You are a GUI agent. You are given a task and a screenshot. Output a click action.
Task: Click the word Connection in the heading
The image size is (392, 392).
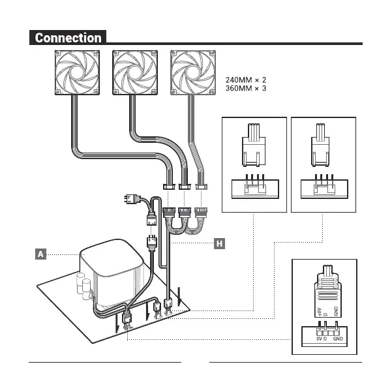coord(68,38)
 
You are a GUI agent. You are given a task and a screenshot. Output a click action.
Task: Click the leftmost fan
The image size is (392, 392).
coord(78,74)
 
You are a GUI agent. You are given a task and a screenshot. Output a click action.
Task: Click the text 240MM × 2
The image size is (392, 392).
coord(245,78)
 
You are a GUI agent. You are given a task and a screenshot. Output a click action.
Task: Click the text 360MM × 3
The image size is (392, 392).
coord(245,87)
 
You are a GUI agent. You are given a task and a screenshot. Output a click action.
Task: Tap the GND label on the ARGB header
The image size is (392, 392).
coord(337,339)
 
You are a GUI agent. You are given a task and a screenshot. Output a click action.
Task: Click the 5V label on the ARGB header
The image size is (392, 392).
coord(319,339)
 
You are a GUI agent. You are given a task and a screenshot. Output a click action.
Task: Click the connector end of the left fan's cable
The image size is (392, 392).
coord(170,186)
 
